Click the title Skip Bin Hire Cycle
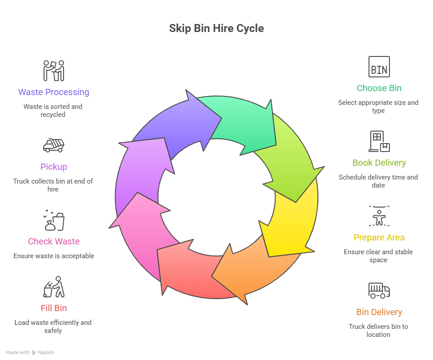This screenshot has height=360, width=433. click(216, 28)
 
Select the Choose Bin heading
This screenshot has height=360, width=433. click(379, 88)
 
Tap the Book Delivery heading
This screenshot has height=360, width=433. click(379, 163)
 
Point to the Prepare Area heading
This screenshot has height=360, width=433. click(379, 237)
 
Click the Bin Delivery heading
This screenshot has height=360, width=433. click(379, 312)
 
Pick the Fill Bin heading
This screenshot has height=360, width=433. click(53, 308)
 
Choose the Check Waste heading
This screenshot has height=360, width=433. click(53, 241)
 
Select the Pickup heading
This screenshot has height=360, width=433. click(53, 167)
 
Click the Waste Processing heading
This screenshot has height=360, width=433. click(53, 92)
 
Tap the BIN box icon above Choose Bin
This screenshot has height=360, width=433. click(379, 67)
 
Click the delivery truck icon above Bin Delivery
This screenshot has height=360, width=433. click(379, 291)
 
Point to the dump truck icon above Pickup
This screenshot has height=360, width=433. click(53, 145)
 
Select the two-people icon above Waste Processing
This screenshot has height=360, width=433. click(53, 70)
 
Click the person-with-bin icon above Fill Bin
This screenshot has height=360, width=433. click(53, 287)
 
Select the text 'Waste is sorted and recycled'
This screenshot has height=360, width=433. click(53, 110)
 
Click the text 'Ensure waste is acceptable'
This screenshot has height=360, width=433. click(53, 256)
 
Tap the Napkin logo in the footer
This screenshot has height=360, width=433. click(43, 352)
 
